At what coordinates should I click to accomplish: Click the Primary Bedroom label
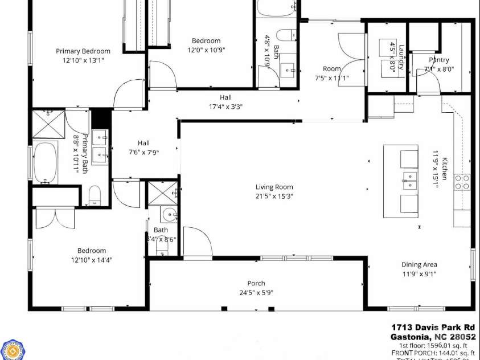[x=83, y=51]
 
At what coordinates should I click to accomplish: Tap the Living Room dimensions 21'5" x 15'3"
[x=274, y=196]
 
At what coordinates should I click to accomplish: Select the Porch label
[x=256, y=283]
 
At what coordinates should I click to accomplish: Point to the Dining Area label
[x=419, y=264]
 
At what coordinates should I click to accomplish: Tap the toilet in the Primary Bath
[x=95, y=195]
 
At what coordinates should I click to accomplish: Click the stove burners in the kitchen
[x=462, y=182]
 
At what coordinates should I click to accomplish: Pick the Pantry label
[x=439, y=60]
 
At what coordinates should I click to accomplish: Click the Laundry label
[x=402, y=57]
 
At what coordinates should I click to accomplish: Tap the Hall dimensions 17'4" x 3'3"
[x=226, y=106]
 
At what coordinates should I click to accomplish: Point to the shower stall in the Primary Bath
[x=48, y=124]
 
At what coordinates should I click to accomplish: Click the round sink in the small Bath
[x=169, y=214]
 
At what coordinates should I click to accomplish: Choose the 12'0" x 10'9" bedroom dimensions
[x=206, y=50]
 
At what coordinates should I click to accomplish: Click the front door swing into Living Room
[x=196, y=242]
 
